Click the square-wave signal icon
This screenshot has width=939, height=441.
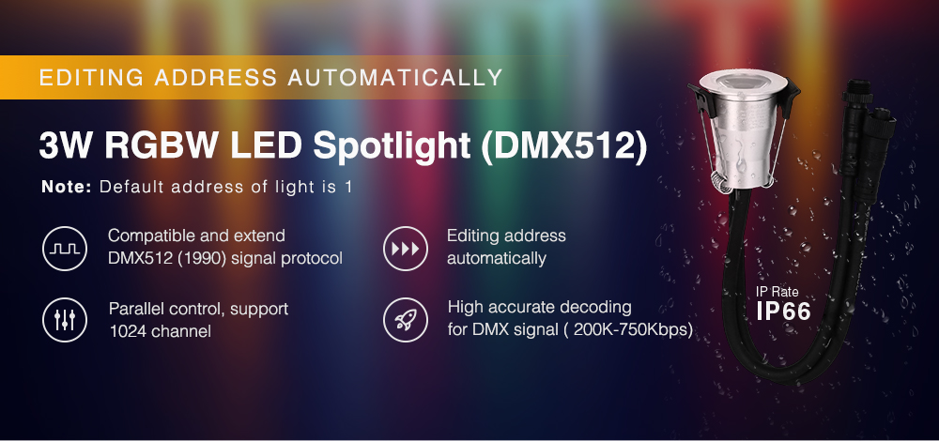click(x=65, y=249)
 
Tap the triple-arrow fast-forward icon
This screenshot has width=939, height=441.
click(x=406, y=249)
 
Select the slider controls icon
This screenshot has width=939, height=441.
click(x=65, y=320)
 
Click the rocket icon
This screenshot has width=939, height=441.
click(x=406, y=320)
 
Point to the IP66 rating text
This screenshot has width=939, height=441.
click(x=784, y=312)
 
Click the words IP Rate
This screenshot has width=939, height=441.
click(x=777, y=293)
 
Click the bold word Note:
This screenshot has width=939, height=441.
click(x=67, y=187)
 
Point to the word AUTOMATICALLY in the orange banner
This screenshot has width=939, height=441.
click(x=394, y=78)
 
